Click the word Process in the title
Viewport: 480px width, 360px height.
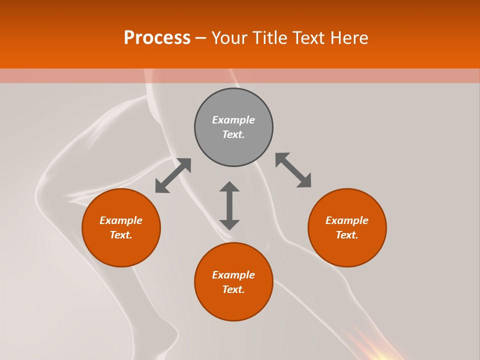pos(157,38)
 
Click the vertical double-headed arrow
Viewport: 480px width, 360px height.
pos(229,205)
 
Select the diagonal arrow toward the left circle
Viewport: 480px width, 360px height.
pos(173,175)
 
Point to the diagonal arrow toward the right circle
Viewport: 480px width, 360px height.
pos(293,170)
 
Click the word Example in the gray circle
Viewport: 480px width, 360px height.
pos(233,120)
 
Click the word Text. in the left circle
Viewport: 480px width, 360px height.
pos(121,235)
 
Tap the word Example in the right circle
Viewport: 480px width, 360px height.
pos(347,220)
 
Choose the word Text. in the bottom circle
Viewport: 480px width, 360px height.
pos(233,289)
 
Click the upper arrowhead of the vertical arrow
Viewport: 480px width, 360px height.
pos(229,186)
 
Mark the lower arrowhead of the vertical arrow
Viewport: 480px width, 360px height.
pos(229,224)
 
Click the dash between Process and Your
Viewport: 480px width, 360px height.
pos(201,38)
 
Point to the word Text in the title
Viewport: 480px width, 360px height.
pos(308,38)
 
